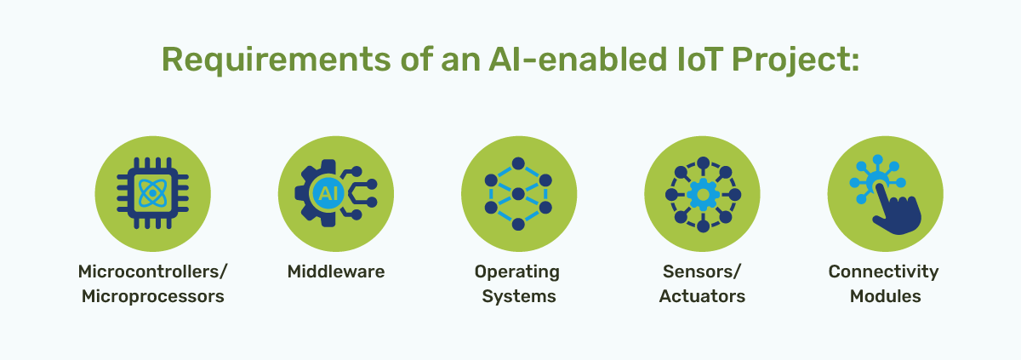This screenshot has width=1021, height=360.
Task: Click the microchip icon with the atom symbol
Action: [152, 195]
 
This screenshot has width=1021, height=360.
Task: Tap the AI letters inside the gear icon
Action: [325, 194]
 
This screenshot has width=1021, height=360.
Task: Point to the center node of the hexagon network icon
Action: [517, 195]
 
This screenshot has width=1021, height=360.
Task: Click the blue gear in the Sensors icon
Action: [702, 195]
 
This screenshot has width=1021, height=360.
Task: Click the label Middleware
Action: [336, 272]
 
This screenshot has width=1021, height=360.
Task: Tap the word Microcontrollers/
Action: [153, 272]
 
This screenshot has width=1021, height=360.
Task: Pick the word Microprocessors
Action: [153, 297]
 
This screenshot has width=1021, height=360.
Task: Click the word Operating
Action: [517, 272]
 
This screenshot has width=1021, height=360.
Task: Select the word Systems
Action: [517, 297]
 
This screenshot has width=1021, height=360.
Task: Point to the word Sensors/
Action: [702, 272]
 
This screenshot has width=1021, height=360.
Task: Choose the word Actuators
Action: [702, 297]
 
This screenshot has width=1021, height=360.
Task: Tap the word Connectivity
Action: [884, 272]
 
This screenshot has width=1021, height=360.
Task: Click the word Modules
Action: [885, 297]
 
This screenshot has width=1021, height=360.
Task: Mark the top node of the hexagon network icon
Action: [517, 163]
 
